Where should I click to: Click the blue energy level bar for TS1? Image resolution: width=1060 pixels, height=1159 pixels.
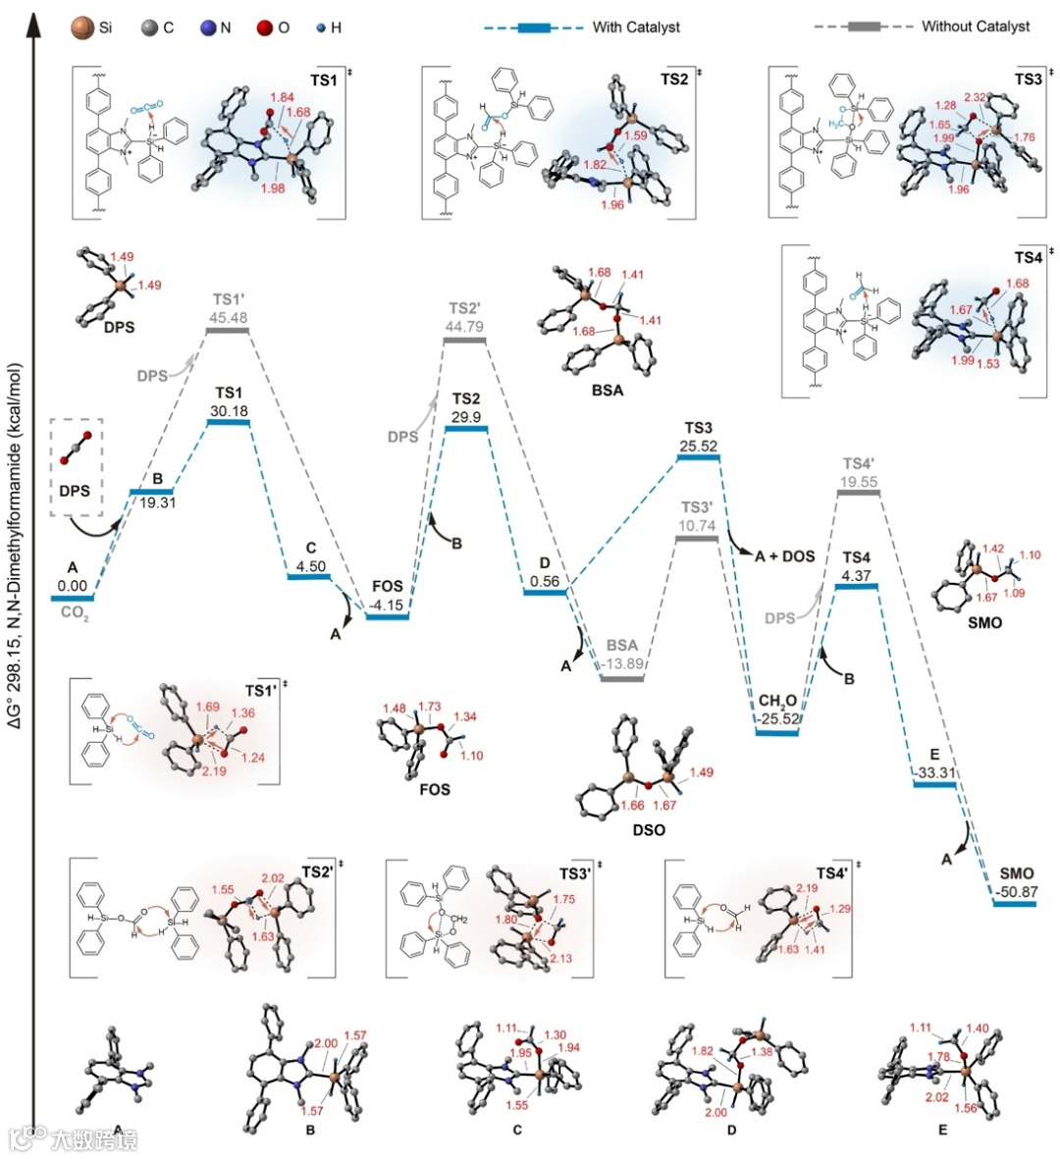(229, 422)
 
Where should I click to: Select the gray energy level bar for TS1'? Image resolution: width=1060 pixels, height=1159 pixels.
(229, 331)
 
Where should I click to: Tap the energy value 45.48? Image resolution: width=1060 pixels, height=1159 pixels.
(229, 318)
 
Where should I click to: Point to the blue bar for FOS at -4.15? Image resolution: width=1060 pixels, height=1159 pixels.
(387, 616)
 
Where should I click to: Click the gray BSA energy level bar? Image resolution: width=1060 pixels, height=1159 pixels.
(622, 678)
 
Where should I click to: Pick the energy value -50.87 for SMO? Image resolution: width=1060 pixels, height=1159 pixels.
(1015, 890)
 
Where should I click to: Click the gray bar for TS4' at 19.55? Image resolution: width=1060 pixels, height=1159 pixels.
(859, 492)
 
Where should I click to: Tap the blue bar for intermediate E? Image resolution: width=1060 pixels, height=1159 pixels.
(934, 785)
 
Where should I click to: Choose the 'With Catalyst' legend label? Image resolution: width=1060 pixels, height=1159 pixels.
(636, 26)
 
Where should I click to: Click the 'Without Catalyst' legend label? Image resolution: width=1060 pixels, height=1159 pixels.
(975, 26)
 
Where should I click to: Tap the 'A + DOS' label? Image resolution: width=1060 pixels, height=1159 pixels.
(784, 555)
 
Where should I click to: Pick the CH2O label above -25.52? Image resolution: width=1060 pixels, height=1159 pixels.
(776, 701)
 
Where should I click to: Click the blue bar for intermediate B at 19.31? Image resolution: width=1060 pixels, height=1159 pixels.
(151, 491)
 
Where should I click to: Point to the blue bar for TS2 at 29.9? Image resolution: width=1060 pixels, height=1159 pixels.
(466, 429)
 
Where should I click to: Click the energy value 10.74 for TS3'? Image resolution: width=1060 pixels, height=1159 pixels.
(698, 525)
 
